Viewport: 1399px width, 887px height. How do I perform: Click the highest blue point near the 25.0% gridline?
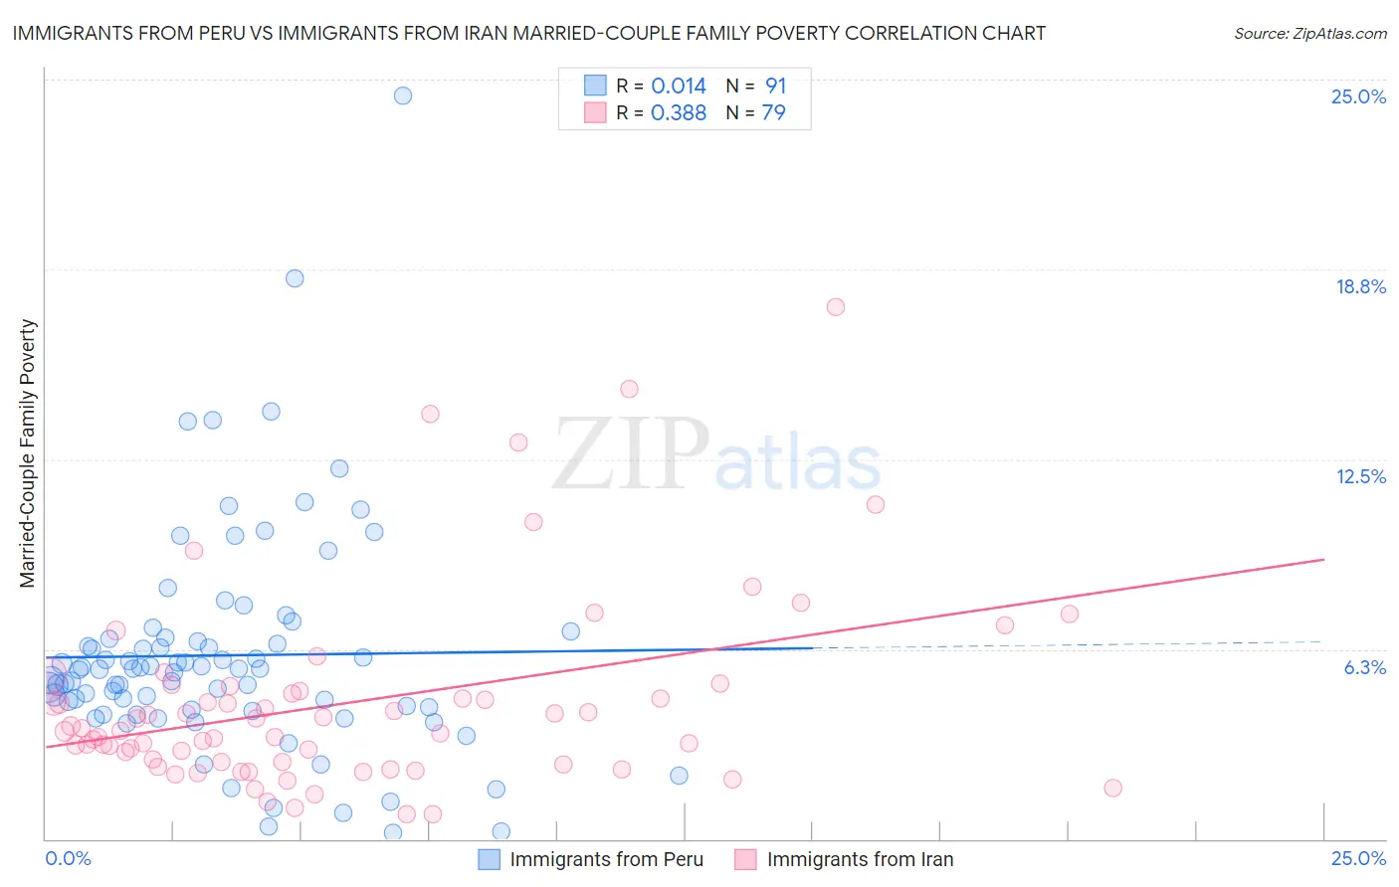point(403,95)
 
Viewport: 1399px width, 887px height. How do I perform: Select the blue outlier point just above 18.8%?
point(295,278)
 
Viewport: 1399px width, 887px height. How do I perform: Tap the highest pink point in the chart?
point(836,307)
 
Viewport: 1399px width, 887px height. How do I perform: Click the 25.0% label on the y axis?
point(1358,96)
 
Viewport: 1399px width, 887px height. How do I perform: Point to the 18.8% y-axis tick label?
point(1360,286)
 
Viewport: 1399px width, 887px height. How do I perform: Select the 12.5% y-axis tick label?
point(1360,476)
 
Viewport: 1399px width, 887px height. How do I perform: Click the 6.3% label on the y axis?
point(1364,667)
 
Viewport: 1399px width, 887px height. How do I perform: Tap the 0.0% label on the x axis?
point(69,858)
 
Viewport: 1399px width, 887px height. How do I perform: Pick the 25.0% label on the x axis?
point(1358,858)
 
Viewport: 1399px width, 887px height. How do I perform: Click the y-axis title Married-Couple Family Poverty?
point(28,453)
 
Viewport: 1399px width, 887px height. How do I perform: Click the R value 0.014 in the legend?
point(679,86)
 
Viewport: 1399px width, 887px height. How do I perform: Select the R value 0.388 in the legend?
point(679,112)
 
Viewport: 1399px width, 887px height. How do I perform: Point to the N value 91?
point(775,86)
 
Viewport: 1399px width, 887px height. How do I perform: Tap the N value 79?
point(773,112)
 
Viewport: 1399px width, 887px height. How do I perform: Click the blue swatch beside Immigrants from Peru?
point(490,859)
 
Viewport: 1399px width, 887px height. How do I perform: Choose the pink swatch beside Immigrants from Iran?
point(746,859)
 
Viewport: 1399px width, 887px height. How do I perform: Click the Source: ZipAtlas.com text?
point(1309,33)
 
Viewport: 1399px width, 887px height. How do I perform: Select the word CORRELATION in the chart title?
point(907,33)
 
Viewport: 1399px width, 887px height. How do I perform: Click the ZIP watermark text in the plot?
point(631,454)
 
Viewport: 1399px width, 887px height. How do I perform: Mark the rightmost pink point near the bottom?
point(1112,789)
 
